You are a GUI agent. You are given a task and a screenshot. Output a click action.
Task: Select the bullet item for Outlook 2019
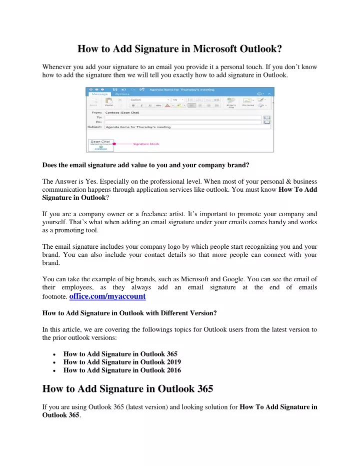click(122, 361)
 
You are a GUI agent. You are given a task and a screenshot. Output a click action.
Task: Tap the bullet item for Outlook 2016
click(122, 370)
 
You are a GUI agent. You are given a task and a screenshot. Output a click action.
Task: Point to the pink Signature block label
click(145, 144)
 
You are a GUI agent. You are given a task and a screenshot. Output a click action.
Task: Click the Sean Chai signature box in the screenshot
click(100, 145)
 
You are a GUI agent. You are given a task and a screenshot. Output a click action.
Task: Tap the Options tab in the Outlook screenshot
click(122, 94)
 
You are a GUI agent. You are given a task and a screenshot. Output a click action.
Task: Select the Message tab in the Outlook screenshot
click(99, 94)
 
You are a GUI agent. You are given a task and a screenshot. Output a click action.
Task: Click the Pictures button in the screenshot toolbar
click(248, 104)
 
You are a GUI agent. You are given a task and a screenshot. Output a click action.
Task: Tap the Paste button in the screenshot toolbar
click(109, 104)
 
